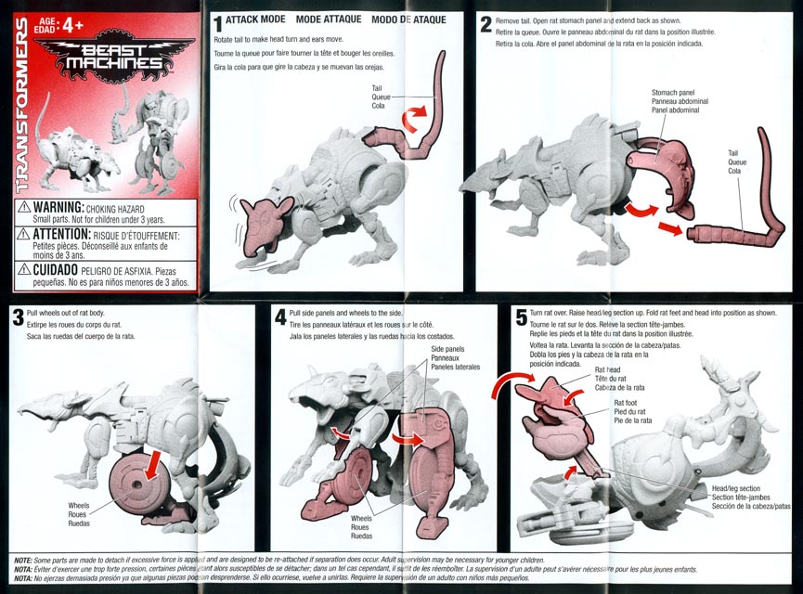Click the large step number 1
[x=217, y=24]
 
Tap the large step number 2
[x=486, y=24]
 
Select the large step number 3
[x=18, y=317]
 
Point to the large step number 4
[x=280, y=317]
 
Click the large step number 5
[x=522, y=317]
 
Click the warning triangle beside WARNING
[x=24, y=207]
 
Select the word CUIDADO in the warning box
[x=56, y=269]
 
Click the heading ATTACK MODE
[x=255, y=19]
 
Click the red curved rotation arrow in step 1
[x=413, y=117]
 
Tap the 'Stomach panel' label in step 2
[x=673, y=93]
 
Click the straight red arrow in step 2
[x=670, y=228]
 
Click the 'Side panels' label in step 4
[x=447, y=349]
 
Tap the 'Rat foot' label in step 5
[x=626, y=403]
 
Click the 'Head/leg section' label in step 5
[x=736, y=488]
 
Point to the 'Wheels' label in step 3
[x=79, y=506]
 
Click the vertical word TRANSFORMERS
[x=22, y=105]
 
